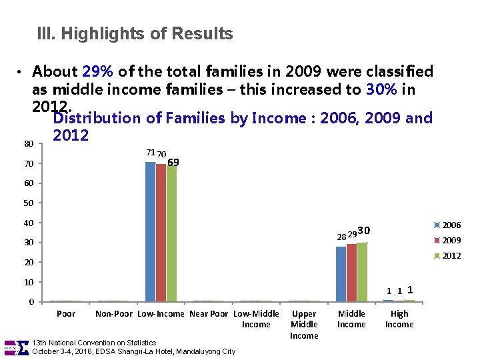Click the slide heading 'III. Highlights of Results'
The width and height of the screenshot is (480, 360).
coord(135,33)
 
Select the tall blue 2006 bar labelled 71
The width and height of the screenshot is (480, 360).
coord(151,232)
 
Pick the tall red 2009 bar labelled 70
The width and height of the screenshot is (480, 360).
coord(161,233)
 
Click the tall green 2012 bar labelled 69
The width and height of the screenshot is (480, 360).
coord(171,233)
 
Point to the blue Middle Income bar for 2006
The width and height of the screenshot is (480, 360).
coord(341,274)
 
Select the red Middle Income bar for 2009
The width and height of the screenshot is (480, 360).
coord(351,273)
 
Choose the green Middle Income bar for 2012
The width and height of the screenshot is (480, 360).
coord(362,272)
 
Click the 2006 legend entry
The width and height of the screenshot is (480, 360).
coord(447,225)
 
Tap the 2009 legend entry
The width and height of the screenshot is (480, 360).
coord(447,241)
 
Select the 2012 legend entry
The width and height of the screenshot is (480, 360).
coord(447,256)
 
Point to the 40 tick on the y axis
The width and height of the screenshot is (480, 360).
coord(29,223)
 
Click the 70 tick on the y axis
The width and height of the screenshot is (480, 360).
coord(29,164)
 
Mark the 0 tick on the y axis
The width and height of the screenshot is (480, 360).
coord(31,302)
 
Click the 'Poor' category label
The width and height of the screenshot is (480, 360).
coord(66,314)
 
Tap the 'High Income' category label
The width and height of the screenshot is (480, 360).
coord(399,319)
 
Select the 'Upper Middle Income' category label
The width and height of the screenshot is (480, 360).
coord(304,325)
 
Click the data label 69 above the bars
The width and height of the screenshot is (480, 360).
coord(173,163)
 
